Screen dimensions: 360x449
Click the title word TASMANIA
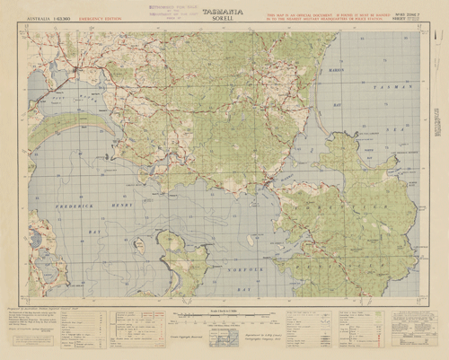[x=224, y=10]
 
